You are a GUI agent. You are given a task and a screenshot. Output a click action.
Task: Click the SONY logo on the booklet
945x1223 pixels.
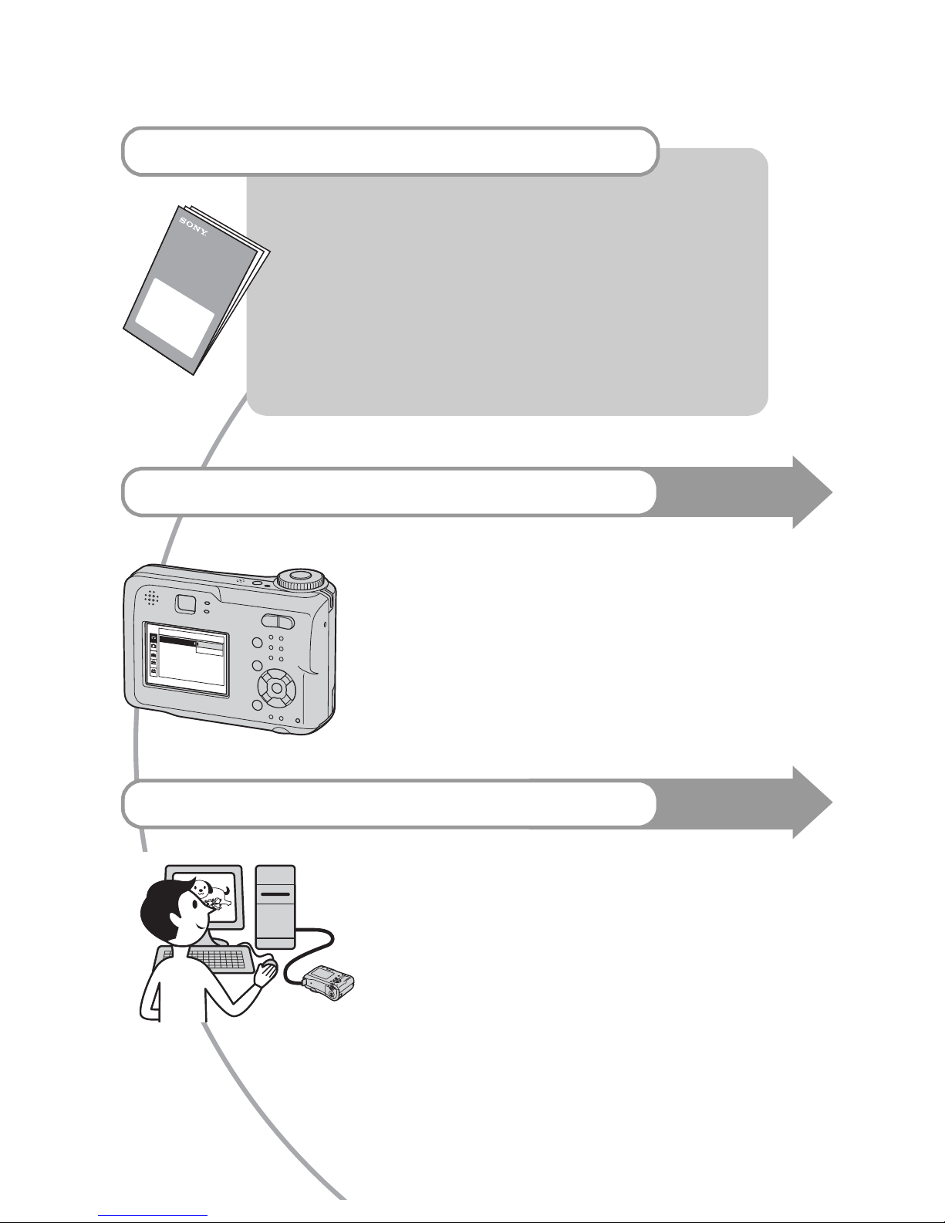[x=193, y=226]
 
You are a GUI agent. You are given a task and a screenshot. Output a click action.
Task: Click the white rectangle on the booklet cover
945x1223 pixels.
[x=176, y=317]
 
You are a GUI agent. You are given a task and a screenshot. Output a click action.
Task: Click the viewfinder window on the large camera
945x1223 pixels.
[x=185, y=604]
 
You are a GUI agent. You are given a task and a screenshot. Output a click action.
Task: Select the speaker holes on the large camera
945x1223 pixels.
[x=150, y=598]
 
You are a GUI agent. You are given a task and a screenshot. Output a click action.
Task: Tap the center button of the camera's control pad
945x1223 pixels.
[x=277, y=688]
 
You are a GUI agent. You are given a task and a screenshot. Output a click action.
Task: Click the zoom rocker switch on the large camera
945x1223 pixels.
[x=277, y=621]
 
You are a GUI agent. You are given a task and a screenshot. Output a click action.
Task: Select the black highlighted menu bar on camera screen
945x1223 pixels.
[x=178, y=640]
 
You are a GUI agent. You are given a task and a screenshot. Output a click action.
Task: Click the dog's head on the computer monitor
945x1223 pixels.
[x=200, y=888]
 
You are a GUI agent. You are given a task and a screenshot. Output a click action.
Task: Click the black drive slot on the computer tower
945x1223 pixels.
[x=275, y=894]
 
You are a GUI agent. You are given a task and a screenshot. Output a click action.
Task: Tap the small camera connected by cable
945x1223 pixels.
[x=329, y=983]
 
